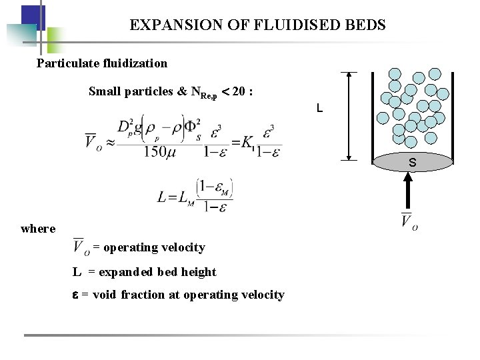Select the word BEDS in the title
pos(365,25)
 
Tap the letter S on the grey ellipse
pos(412,162)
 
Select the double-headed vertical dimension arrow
pos(348,116)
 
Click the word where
pos(38,229)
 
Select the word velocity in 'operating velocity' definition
pos(183,247)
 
